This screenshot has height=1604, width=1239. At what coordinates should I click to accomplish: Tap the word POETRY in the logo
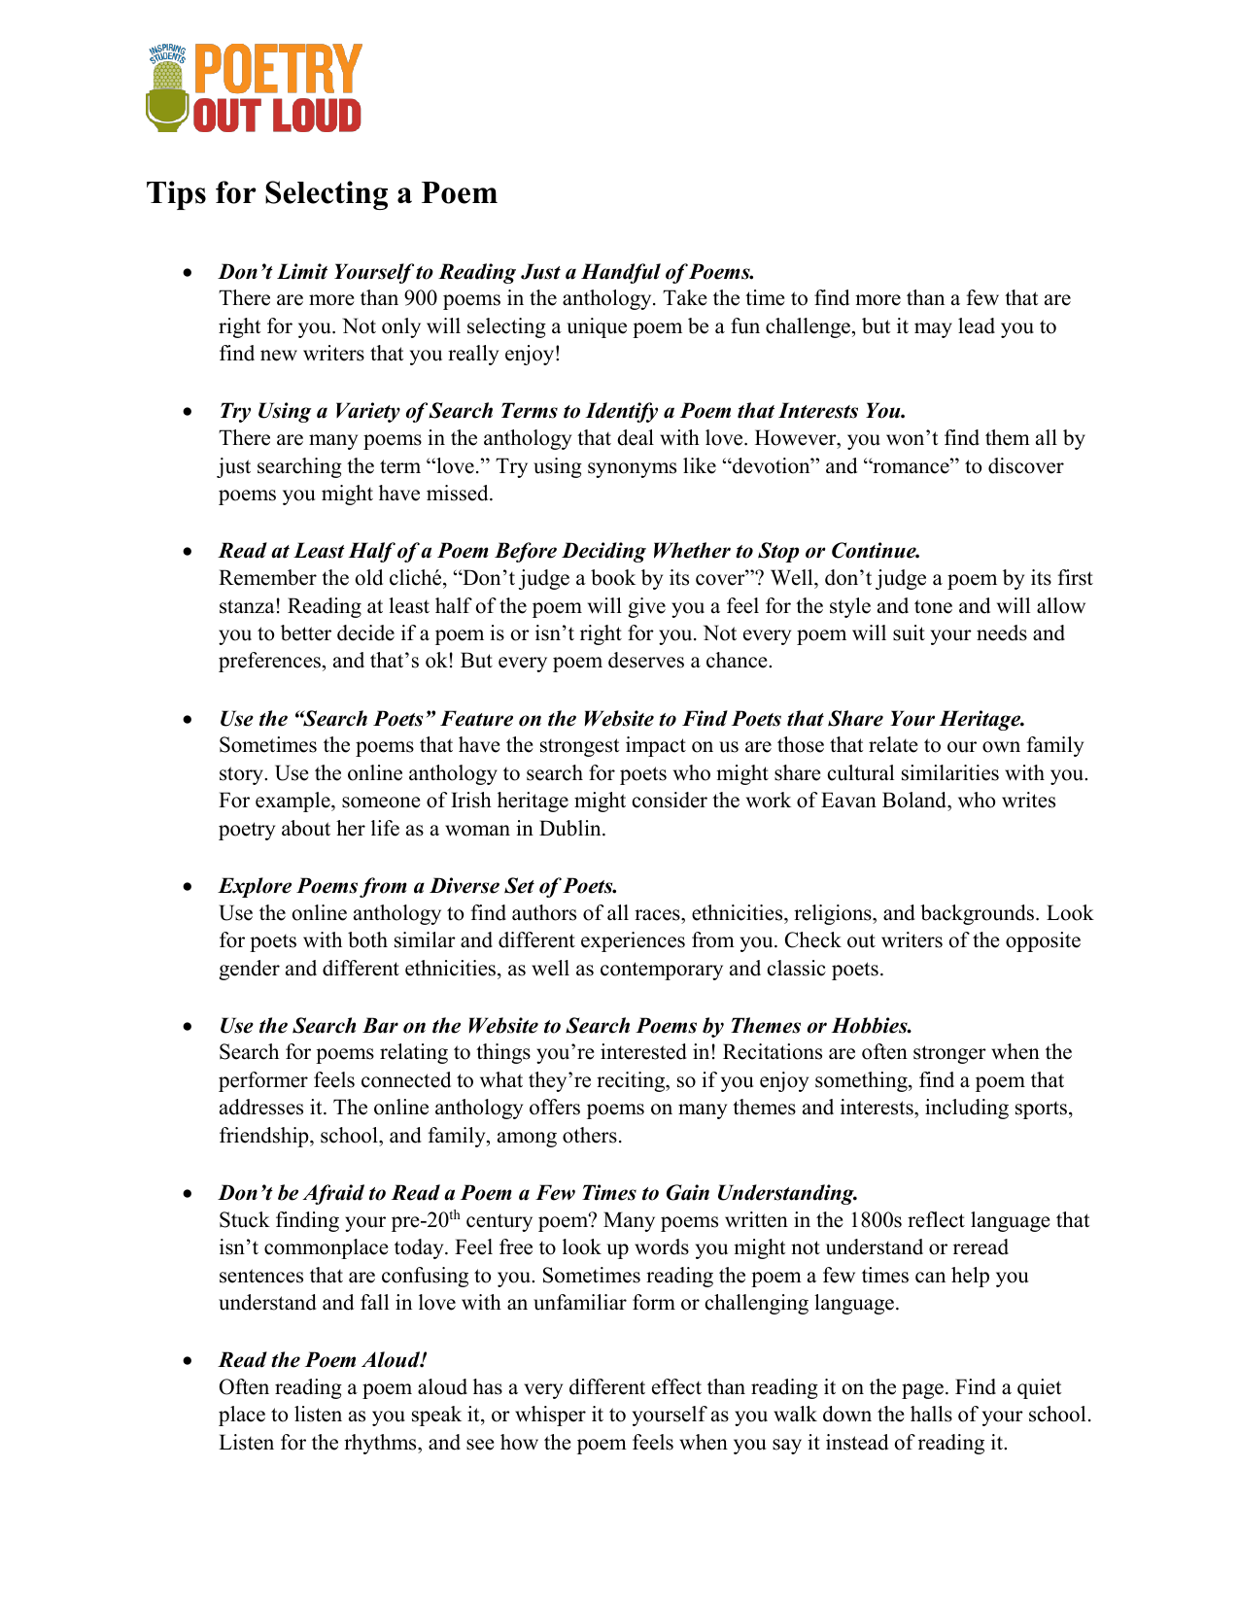pos(278,70)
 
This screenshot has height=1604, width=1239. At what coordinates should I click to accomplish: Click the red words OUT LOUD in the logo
pos(278,117)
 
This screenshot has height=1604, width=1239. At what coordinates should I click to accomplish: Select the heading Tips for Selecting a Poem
pos(322,193)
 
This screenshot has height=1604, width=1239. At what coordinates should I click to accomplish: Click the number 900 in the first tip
pos(420,298)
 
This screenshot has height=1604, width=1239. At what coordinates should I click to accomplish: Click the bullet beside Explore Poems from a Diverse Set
pos(189,887)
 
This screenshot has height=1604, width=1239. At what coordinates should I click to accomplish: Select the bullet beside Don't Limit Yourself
pos(189,273)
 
